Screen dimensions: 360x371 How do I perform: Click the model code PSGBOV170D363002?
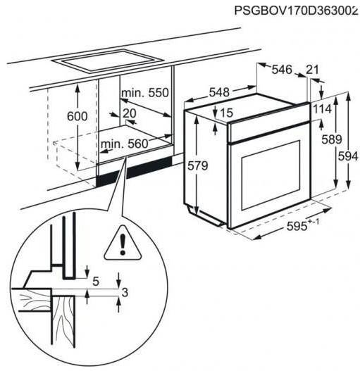coord(296,11)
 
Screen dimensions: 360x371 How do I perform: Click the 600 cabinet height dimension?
coord(77,116)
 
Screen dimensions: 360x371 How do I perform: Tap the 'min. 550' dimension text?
coord(144,93)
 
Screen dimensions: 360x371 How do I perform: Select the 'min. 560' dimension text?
coord(124,144)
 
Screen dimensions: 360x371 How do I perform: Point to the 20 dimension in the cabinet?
coord(130,113)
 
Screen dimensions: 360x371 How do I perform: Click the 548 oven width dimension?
coord(219,92)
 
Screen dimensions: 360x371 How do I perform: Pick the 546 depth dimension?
coord(282,70)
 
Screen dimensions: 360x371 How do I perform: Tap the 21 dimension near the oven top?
coord(312,70)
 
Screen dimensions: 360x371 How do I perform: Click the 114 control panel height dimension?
coord(323,109)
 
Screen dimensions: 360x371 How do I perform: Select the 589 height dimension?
coord(332,139)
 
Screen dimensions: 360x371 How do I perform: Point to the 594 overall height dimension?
coord(348,156)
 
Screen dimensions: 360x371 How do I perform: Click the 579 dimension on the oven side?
coord(198,165)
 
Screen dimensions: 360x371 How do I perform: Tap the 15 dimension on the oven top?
coord(227,113)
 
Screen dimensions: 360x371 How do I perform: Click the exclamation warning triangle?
coord(123,244)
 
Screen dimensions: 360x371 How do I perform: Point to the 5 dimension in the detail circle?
coord(96,282)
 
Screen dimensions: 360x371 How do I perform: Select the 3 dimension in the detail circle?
coord(125,292)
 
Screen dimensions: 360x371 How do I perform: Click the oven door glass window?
coord(271,175)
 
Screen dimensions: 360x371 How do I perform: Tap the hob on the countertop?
coord(108,60)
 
